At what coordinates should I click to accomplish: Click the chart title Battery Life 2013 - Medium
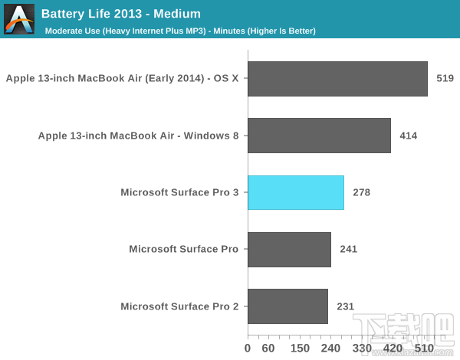(x=121, y=13)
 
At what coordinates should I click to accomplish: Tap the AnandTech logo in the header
(x=19, y=19)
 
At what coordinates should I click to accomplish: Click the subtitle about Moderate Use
(x=180, y=31)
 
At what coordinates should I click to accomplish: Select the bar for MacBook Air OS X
(x=337, y=79)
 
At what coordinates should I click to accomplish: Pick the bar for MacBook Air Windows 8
(x=319, y=136)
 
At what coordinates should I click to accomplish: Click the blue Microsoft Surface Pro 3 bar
(x=295, y=192)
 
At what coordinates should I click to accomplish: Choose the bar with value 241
(x=289, y=250)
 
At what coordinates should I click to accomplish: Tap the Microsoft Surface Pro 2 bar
(x=287, y=306)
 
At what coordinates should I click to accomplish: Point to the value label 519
(x=445, y=79)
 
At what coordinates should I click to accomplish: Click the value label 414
(x=409, y=136)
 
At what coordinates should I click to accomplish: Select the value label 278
(x=361, y=192)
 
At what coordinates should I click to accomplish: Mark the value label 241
(x=348, y=250)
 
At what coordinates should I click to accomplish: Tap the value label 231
(x=345, y=306)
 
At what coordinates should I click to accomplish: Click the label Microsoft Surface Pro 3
(x=179, y=192)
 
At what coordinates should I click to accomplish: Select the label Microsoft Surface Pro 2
(x=179, y=306)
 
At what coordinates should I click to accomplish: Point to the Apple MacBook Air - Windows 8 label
(x=139, y=136)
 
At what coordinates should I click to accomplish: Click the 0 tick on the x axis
(x=248, y=349)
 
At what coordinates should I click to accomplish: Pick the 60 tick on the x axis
(x=268, y=349)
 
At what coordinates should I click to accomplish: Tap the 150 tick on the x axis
(x=300, y=349)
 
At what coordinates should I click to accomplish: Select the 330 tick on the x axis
(x=363, y=349)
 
